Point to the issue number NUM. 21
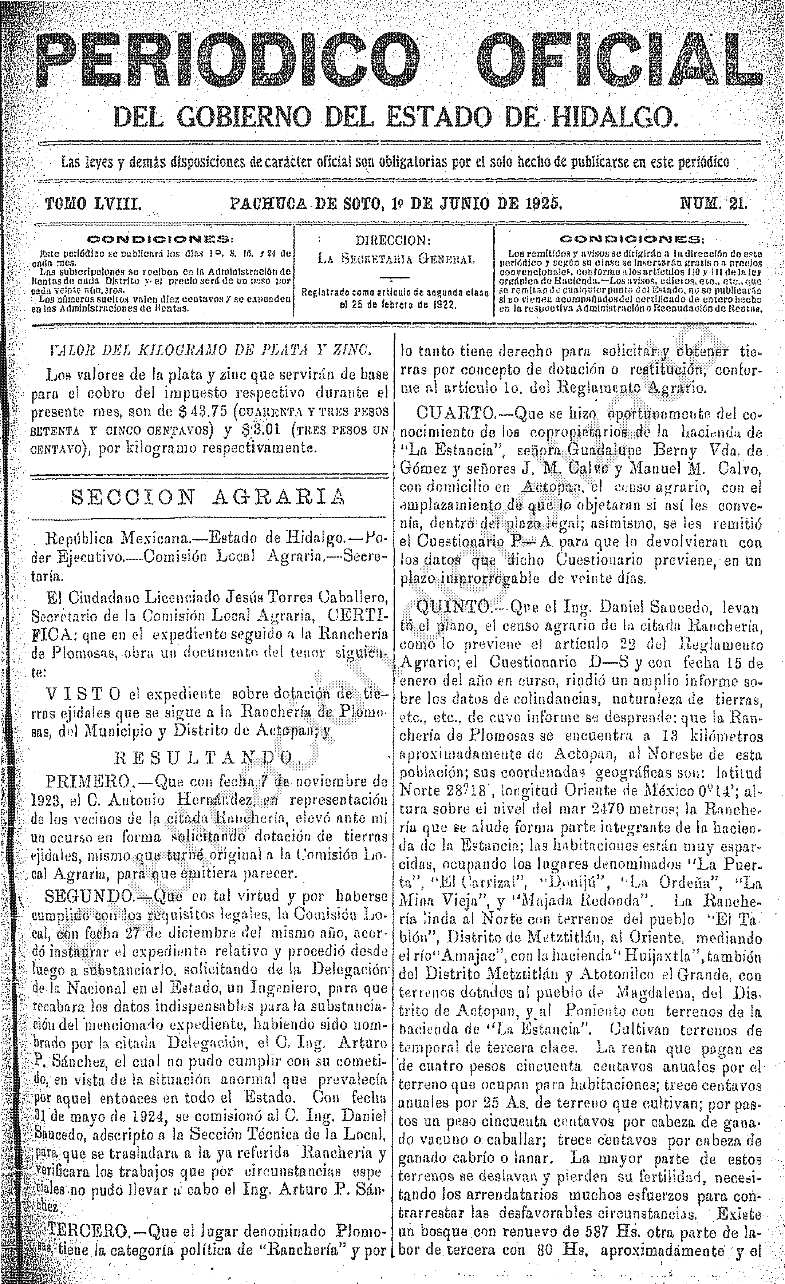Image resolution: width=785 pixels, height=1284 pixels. coord(714,203)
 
